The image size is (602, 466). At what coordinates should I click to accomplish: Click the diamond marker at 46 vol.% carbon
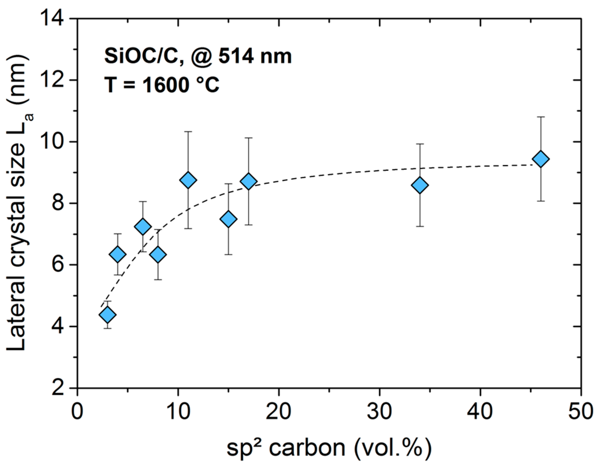[x=540, y=159]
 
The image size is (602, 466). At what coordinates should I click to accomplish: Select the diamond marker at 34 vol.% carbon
[x=420, y=185]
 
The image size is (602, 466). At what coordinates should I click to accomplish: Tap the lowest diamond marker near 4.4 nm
[x=107, y=314]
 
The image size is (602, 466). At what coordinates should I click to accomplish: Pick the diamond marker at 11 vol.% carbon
[x=188, y=180]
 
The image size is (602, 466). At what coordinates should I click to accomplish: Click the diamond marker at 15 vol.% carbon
[x=228, y=219]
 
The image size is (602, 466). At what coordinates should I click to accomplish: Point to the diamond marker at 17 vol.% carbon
[x=248, y=181]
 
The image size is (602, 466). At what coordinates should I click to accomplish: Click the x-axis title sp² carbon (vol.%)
[x=329, y=448]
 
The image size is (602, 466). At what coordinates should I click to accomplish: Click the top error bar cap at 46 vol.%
[x=540, y=117]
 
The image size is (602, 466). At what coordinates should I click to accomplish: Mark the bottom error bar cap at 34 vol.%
[x=420, y=226]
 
